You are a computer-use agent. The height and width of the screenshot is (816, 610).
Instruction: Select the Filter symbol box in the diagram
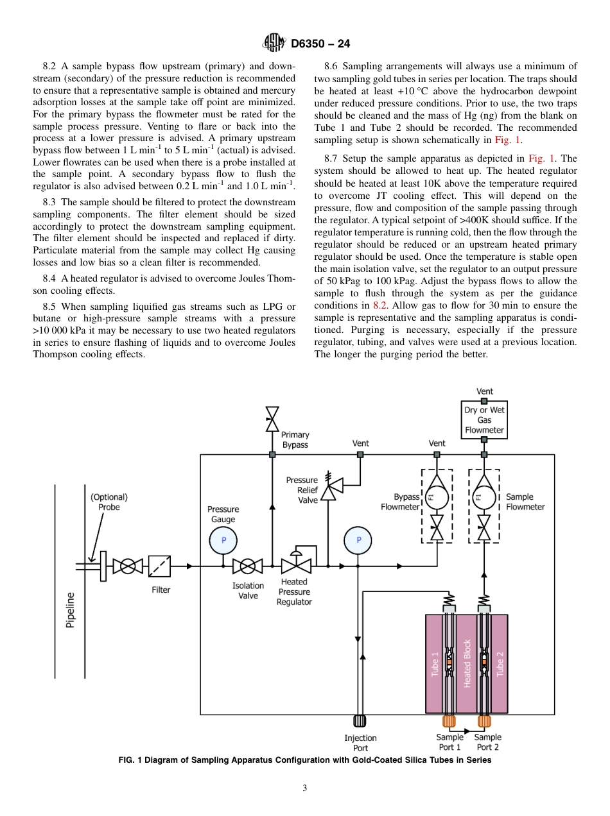[160, 566]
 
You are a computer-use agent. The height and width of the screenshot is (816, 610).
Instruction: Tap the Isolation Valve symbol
[247, 566]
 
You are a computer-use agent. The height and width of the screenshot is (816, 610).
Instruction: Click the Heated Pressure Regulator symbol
[295, 565]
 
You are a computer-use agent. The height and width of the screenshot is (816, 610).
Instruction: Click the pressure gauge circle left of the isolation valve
[223, 540]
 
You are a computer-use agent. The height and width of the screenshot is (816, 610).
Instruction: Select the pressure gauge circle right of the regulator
[359, 540]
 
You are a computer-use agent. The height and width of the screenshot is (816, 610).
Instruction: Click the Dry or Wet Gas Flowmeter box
[484, 420]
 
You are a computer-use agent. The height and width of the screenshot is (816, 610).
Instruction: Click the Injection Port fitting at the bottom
[360, 721]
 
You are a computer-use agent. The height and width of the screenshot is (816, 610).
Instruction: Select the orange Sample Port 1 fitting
[449, 721]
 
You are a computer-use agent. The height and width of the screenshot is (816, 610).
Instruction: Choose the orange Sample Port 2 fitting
[484, 721]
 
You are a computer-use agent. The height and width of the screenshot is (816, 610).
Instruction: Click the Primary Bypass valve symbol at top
[272, 418]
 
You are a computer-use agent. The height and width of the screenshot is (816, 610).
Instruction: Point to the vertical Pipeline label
[71, 609]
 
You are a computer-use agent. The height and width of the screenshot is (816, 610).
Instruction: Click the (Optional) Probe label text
[109, 502]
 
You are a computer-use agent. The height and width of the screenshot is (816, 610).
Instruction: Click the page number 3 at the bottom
[305, 788]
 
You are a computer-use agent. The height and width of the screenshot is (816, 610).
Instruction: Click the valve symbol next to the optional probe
[128, 566]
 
